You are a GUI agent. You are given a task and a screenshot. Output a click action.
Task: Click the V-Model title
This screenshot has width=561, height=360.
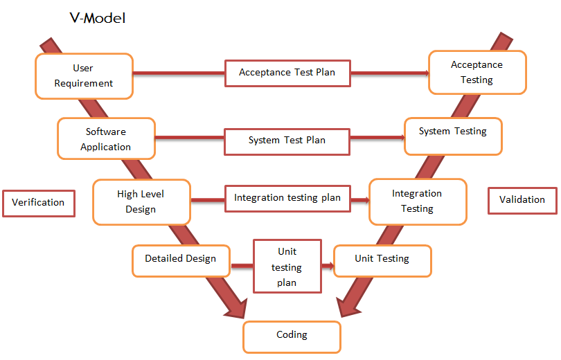click(98, 18)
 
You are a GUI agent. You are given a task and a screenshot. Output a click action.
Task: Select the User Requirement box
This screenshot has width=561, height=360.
click(84, 76)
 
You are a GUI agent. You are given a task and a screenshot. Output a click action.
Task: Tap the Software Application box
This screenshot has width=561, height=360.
click(106, 138)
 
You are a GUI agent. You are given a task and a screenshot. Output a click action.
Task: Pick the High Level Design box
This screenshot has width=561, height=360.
click(142, 202)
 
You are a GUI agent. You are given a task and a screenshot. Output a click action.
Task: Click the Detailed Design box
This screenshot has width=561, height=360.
click(181, 261)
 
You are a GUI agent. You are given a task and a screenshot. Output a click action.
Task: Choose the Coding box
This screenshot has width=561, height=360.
click(292, 337)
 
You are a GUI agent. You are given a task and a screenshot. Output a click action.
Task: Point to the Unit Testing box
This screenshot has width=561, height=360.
click(382, 261)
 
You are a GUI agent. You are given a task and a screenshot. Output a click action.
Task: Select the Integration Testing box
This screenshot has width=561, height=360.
click(418, 202)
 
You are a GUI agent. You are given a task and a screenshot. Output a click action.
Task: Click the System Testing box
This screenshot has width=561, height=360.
click(454, 136)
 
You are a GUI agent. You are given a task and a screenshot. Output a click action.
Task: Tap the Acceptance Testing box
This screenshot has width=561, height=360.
click(478, 73)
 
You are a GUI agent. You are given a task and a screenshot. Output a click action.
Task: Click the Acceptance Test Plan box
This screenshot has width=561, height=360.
click(287, 73)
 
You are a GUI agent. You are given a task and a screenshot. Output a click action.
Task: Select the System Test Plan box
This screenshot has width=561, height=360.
click(287, 142)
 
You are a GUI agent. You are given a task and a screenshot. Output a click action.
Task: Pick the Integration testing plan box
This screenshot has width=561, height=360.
click(287, 199)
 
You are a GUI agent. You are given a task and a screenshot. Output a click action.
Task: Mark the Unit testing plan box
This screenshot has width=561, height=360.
click(287, 267)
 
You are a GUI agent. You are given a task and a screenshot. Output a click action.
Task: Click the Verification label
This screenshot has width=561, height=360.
click(39, 204)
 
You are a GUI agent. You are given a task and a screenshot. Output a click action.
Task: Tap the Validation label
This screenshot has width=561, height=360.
click(522, 201)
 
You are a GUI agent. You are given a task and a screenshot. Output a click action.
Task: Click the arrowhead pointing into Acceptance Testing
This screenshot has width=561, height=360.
click(427, 73)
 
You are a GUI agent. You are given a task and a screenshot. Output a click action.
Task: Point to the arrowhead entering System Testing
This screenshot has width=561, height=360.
click(402, 137)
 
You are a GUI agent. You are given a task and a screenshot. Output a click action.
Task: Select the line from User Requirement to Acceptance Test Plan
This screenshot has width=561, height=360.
click(179, 73)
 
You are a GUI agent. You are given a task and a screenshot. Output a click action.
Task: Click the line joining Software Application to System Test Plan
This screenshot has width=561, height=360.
click(190, 138)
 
